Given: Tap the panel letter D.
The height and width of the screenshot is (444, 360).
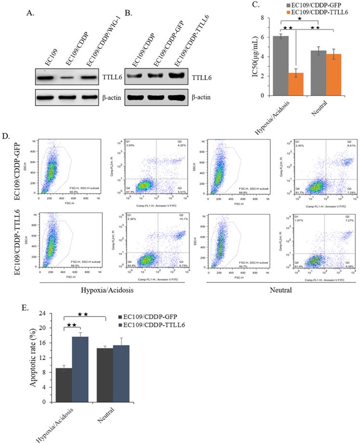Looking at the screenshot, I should point(6,136).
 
